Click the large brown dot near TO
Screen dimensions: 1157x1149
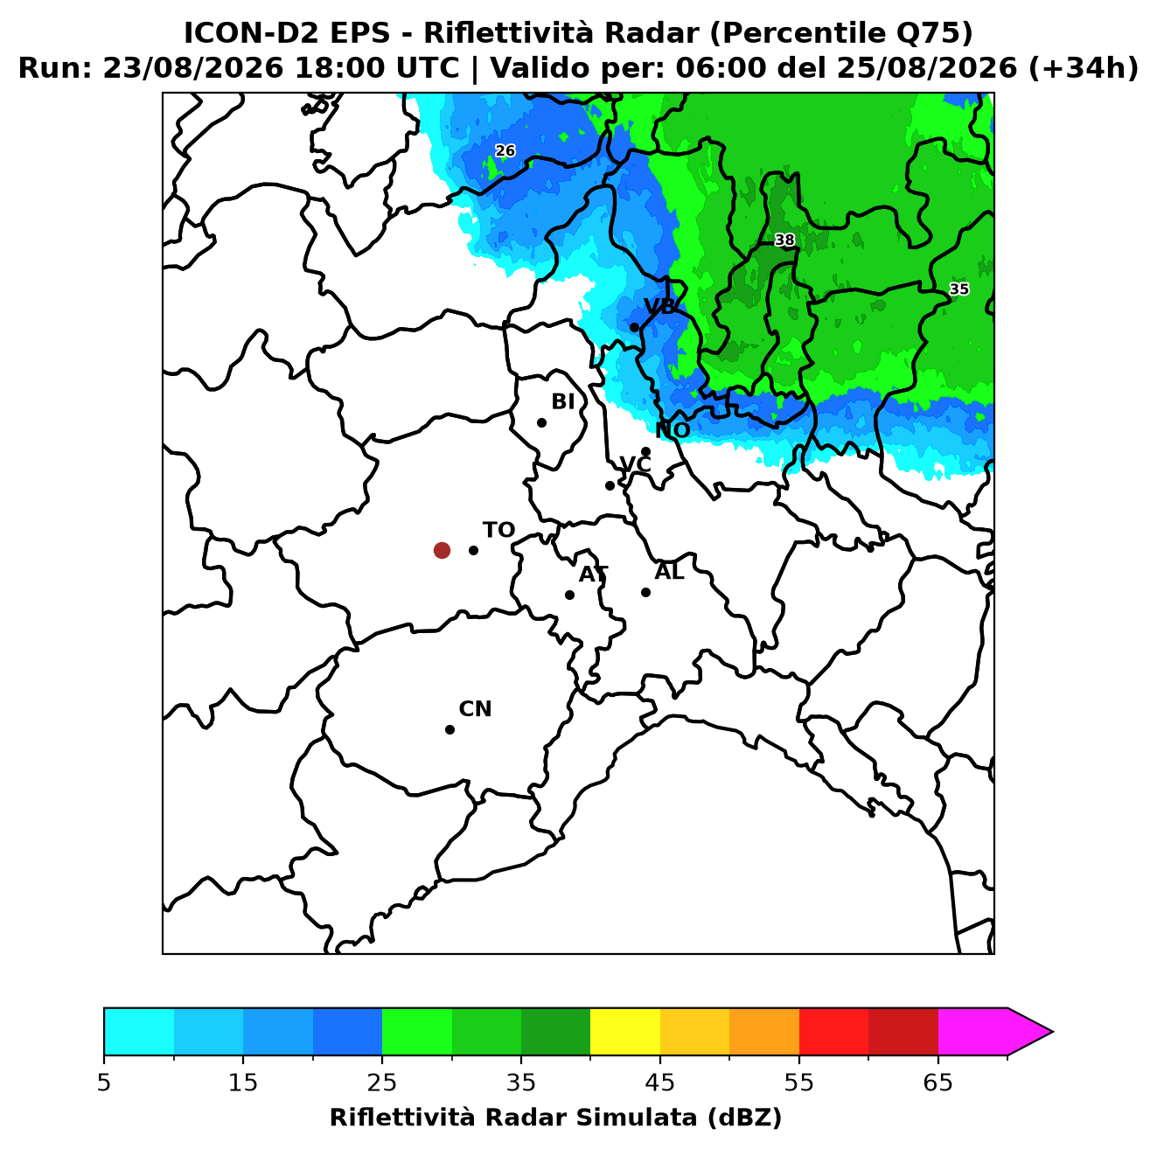pyautogui.click(x=442, y=550)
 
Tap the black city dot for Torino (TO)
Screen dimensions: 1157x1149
pyautogui.click(x=473, y=550)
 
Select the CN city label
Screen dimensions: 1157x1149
pyautogui.click(x=475, y=709)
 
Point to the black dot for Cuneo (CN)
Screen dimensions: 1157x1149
pyautogui.click(x=450, y=730)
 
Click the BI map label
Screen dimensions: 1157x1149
pyautogui.click(x=563, y=402)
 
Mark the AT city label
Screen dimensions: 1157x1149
pyautogui.click(x=593, y=574)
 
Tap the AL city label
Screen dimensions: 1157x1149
pyautogui.click(x=669, y=572)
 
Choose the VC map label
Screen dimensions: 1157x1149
pyautogui.click(x=635, y=464)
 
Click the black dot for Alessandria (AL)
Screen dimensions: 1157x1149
pyautogui.click(x=645, y=592)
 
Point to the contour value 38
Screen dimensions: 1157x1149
pyautogui.click(x=784, y=240)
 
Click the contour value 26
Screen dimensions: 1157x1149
pyautogui.click(x=505, y=150)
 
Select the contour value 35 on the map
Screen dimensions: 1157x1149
pyautogui.click(x=958, y=289)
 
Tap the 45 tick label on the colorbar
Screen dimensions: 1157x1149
pyautogui.click(x=660, y=1083)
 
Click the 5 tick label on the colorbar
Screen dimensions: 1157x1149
pyautogui.click(x=104, y=1083)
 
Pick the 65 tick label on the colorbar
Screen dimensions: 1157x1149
pyautogui.click(x=937, y=1083)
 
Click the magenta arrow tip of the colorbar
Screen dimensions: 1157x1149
pyautogui.click(x=1052, y=1033)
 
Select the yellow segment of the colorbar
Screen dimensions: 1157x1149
pyautogui.click(x=625, y=1033)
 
